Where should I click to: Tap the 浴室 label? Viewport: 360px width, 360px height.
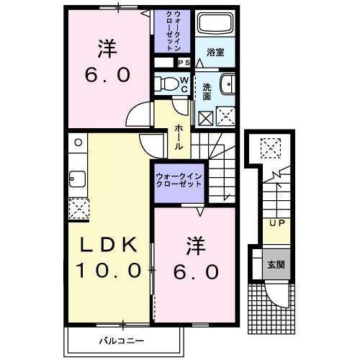214,53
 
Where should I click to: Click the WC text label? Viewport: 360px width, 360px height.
184,84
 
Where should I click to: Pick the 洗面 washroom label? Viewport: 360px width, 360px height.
207,91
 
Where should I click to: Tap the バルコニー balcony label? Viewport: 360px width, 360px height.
121,338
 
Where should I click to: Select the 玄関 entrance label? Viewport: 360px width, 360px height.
276,264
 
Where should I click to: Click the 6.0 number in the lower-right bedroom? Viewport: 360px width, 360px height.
195,272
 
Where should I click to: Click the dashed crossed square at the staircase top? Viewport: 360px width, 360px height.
271,148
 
